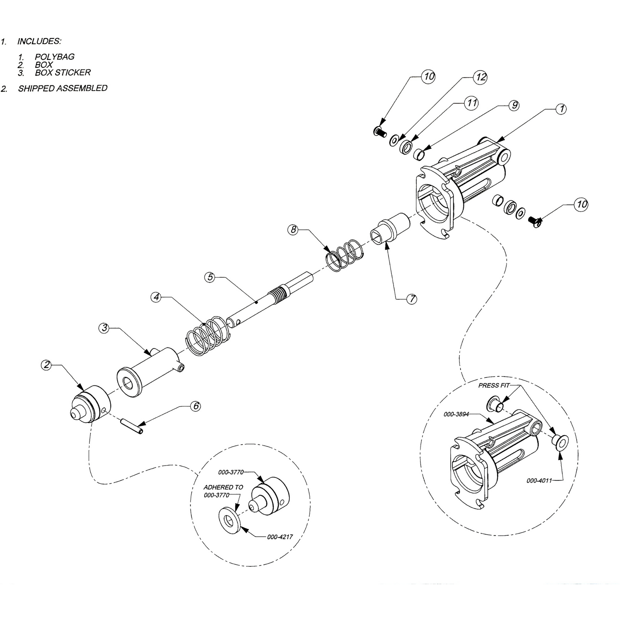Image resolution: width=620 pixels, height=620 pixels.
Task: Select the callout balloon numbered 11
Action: point(472,103)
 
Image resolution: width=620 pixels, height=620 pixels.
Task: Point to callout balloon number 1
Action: point(562,108)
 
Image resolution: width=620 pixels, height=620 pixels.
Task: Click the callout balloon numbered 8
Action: point(293,230)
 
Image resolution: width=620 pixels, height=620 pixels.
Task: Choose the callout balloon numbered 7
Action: point(411,299)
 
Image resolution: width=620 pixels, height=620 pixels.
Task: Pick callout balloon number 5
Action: point(210,277)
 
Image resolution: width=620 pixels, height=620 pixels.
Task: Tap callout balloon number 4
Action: point(156,297)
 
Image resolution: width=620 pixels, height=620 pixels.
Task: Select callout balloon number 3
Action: point(104,328)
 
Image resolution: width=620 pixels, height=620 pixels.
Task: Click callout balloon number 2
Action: point(46,365)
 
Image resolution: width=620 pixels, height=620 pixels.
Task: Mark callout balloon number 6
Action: point(195,406)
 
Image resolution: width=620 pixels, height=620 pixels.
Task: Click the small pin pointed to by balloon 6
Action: point(132,426)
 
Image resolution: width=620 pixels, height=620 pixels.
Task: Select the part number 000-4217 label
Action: point(280,537)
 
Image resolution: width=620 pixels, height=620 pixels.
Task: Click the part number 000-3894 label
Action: point(456,414)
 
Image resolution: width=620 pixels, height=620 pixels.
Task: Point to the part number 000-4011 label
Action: point(539,480)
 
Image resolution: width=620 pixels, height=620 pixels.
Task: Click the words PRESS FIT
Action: point(494,385)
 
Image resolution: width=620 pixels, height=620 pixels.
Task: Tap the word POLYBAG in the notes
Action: point(55,57)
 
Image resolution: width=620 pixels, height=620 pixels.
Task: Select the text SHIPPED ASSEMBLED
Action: point(63,88)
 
